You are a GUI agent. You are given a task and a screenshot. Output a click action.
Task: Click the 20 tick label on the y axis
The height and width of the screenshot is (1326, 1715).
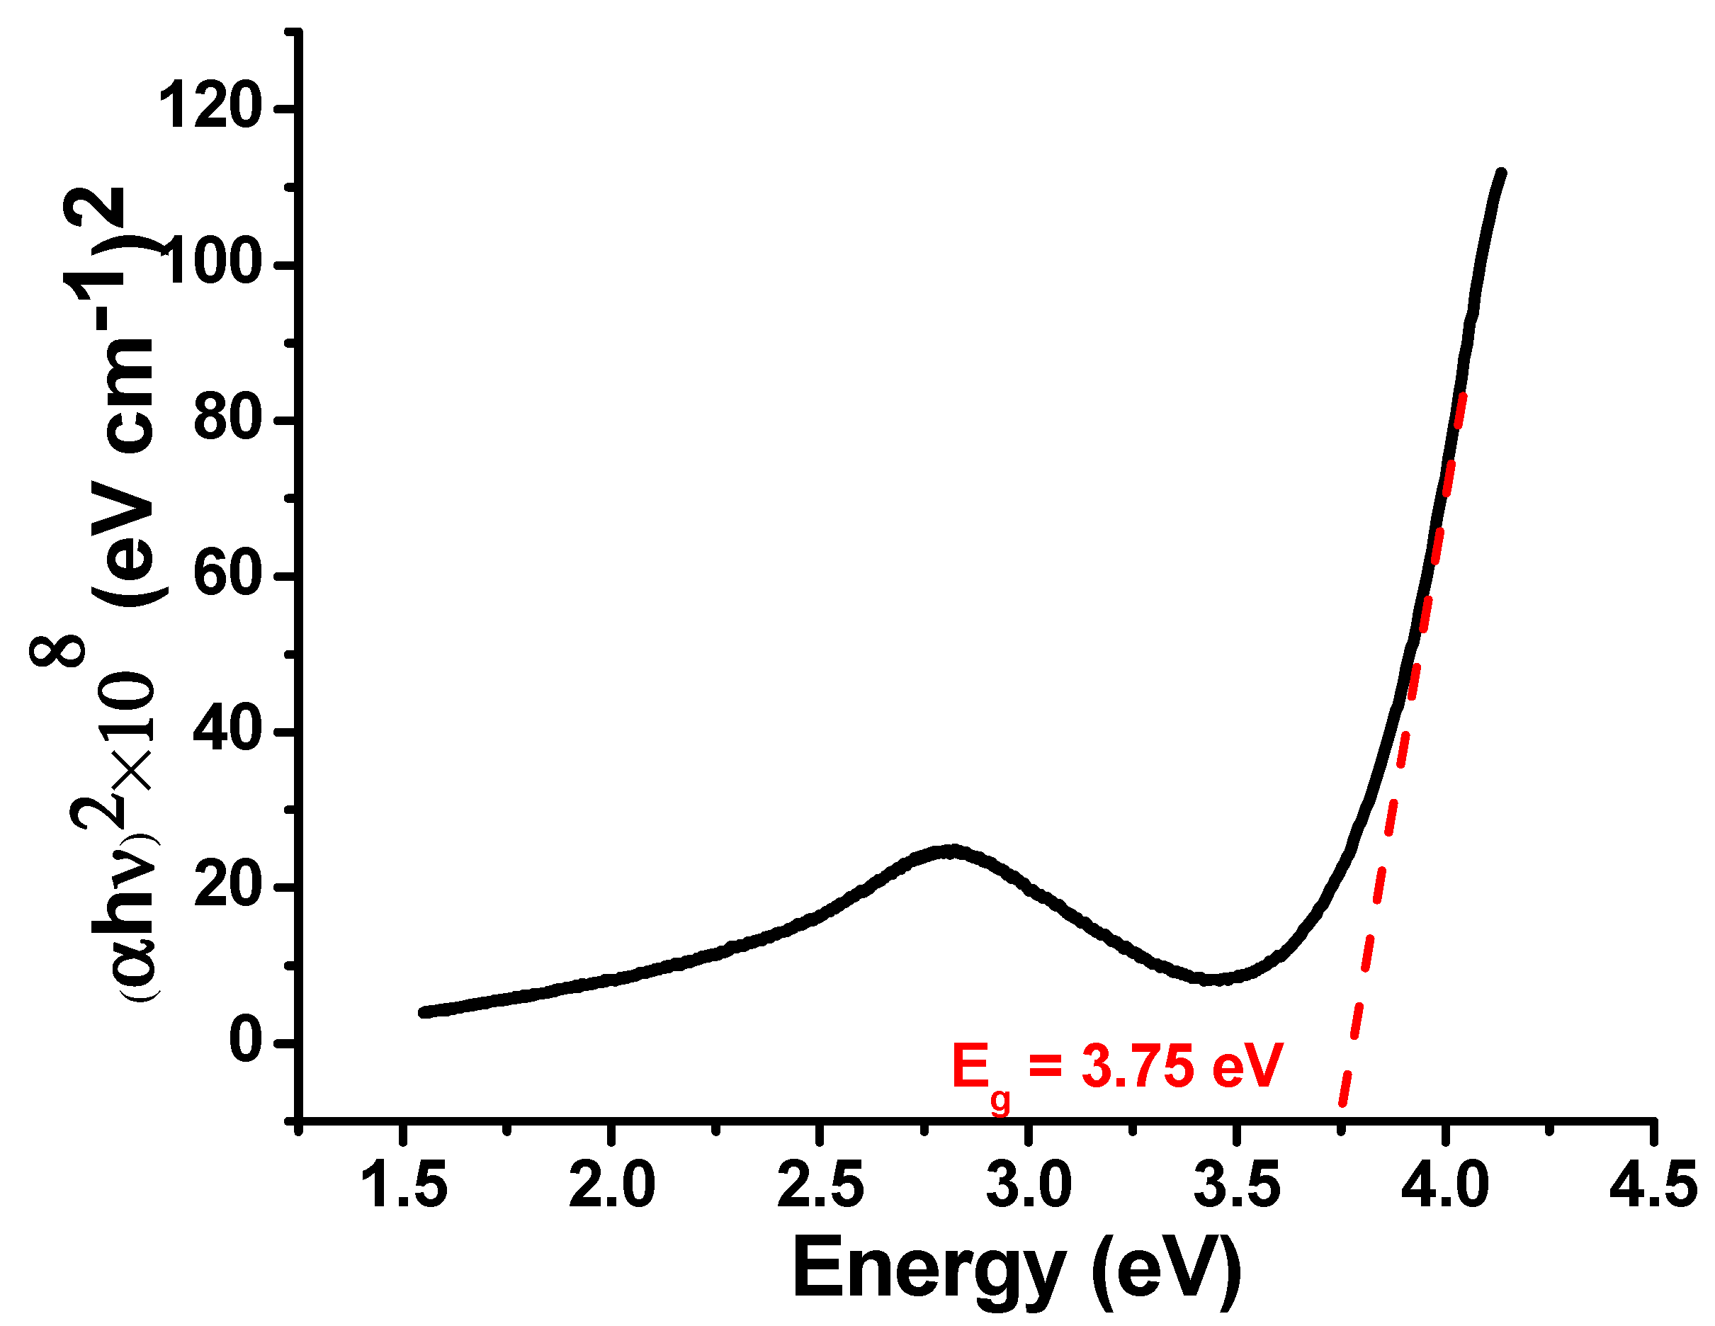[x=226, y=886]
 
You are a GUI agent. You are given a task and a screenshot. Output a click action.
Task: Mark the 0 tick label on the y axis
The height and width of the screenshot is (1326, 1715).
[x=244, y=1041]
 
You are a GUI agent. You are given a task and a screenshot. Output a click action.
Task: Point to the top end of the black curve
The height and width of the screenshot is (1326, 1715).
[x=1500, y=174]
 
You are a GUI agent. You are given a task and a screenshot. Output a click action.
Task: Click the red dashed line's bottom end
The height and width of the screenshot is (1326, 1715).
[x=1342, y=1102]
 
